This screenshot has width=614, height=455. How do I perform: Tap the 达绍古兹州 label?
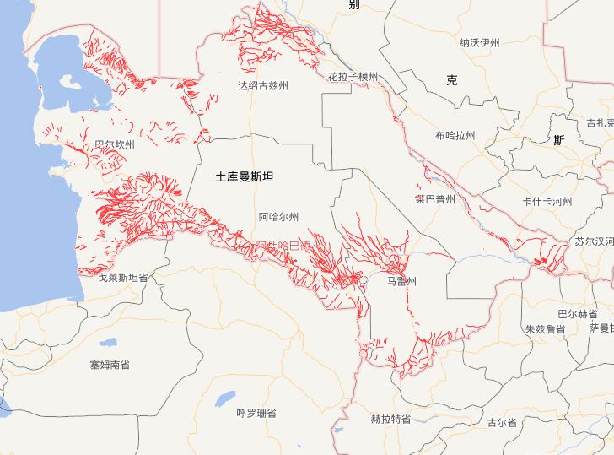263,86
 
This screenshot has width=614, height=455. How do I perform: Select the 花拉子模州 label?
353,77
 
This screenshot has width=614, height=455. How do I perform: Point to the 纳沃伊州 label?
480,43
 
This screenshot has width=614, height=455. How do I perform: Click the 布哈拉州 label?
455,136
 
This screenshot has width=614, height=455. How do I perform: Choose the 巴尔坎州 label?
115,145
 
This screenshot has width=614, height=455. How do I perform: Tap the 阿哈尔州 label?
278,217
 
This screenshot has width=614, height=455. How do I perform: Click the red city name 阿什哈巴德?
283,245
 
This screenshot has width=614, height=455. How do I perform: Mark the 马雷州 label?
401,281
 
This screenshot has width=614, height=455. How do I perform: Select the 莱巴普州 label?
435,200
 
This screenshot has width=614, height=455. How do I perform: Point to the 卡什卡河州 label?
547,202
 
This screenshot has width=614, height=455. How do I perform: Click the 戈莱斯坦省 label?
123,277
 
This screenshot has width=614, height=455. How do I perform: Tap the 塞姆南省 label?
110,366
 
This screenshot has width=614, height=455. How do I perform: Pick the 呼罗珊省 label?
256,413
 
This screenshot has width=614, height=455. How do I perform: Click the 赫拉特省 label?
390,420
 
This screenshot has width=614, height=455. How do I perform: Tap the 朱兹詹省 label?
544,329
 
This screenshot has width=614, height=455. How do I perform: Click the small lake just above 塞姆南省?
106,343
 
